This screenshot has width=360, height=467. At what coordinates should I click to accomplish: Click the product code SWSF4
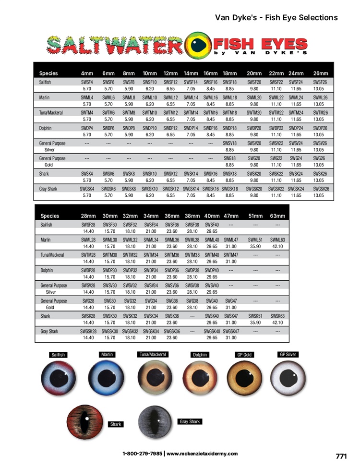pyautogui.click(x=87, y=83)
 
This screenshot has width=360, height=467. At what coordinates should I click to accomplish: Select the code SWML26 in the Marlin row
pyautogui.click(x=321, y=97)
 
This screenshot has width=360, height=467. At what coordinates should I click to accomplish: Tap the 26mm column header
pyautogui.click(x=321, y=73)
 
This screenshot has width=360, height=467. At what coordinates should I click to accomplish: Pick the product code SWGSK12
pyautogui.click(x=170, y=189)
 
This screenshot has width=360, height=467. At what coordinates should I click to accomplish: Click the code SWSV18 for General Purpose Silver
pyautogui.click(x=230, y=144)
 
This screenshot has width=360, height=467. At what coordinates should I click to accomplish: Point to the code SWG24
pyautogui.click(x=296, y=158)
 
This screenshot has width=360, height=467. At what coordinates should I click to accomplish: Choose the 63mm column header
pyautogui.click(x=277, y=216)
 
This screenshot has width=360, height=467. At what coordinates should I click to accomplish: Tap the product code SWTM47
pyautogui.click(x=230, y=255)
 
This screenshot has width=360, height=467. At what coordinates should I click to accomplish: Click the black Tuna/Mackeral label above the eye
pyautogui.click(x=152, y=355)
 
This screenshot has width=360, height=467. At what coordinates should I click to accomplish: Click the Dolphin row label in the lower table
pyautogui.click(x=47, y=270)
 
